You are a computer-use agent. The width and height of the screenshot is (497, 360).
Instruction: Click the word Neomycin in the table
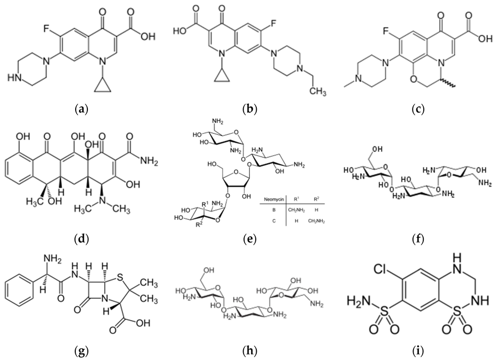[x=272, y=199]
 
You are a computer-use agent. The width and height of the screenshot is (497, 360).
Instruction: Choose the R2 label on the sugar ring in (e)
[x=198, y=225]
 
